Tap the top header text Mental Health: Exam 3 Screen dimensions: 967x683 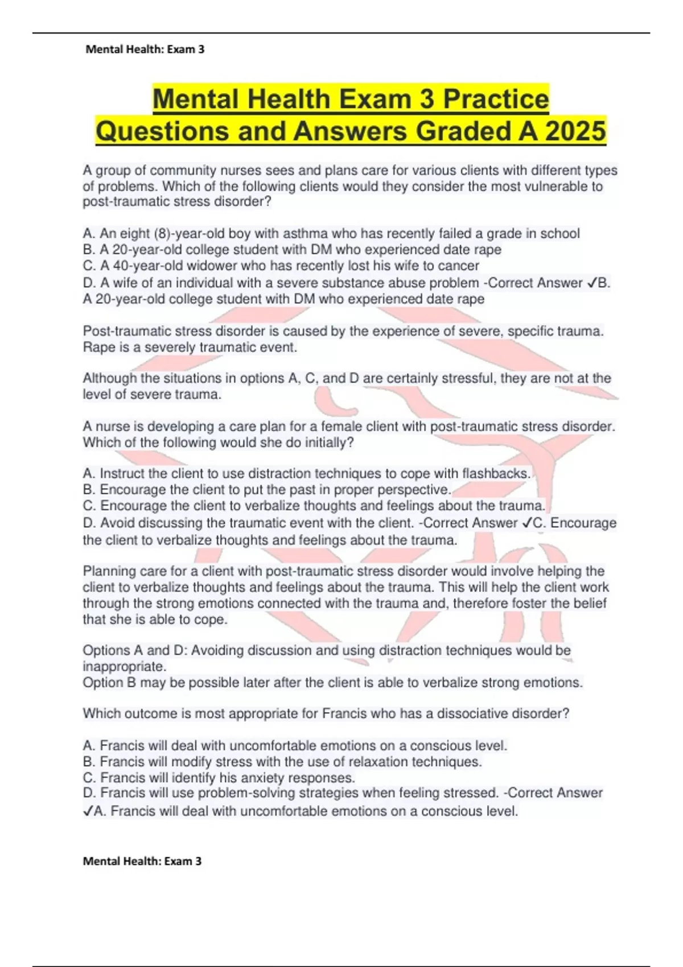tap(145, 49)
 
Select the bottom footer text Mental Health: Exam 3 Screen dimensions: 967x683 tap(142, 861)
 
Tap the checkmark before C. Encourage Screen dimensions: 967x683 tap(526, 523)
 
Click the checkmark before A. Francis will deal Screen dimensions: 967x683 tap(88, 811)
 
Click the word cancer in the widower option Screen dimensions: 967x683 tap(461, 266)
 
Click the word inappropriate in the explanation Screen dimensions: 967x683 tap(124, 666)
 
